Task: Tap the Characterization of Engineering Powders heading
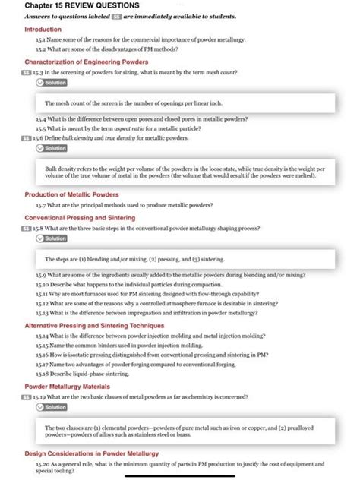86,62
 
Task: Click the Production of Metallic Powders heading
72,194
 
